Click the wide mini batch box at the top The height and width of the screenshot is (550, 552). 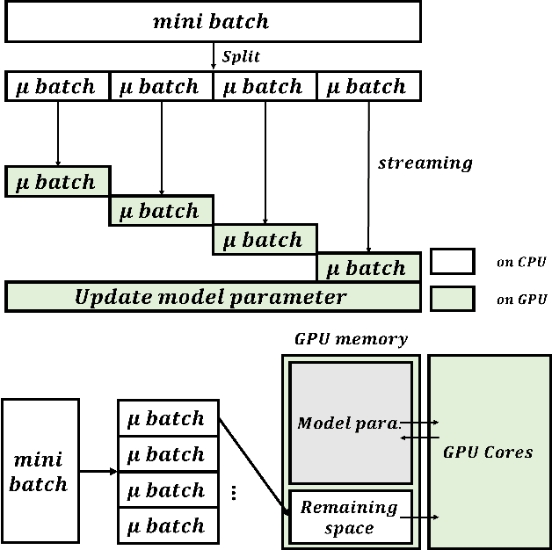213,22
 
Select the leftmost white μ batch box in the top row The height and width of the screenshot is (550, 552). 58,86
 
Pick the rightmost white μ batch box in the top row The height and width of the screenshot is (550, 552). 368,86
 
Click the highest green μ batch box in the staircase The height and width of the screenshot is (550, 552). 58,182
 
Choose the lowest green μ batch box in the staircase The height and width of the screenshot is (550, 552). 368,268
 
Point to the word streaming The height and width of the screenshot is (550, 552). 425,163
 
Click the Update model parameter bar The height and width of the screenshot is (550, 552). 212,297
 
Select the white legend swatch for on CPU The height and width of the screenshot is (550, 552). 452,262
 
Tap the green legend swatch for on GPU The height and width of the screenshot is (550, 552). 452,299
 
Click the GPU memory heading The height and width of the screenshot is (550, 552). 351,339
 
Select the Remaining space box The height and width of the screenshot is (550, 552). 350,517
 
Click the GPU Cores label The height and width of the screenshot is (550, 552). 488,452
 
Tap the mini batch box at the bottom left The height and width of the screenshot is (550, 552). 40,472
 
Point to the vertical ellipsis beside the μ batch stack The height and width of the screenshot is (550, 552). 234,493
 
